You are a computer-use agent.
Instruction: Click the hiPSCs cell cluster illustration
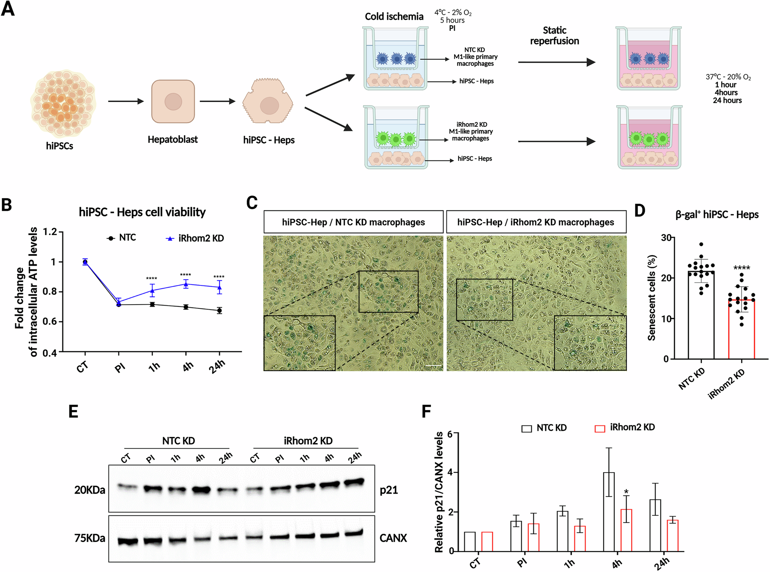coord(62,103)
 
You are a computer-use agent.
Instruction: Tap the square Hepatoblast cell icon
coord(173,101)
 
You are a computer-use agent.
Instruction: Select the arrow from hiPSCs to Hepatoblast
coord(126,101)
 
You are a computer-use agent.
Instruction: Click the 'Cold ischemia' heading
coord(394,16)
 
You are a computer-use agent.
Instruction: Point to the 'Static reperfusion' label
coord(554,35)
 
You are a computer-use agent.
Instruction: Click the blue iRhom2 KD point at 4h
coord(186,284)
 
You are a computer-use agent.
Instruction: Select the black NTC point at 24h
coord(219,310)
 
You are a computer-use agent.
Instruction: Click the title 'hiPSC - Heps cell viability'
coord(142,212)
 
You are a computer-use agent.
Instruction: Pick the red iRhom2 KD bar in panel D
coord(742,329)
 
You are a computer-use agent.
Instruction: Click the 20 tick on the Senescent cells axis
coord(666,278)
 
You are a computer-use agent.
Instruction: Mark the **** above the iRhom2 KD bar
coord(742,268)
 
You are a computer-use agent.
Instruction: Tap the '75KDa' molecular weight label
coord(90,538)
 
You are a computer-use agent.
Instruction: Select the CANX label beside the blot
coord(393,538)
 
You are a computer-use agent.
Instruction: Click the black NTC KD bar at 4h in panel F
coord(609,512)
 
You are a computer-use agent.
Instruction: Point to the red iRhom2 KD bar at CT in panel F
coord(487,541)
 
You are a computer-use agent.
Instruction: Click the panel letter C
coord(252,203)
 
